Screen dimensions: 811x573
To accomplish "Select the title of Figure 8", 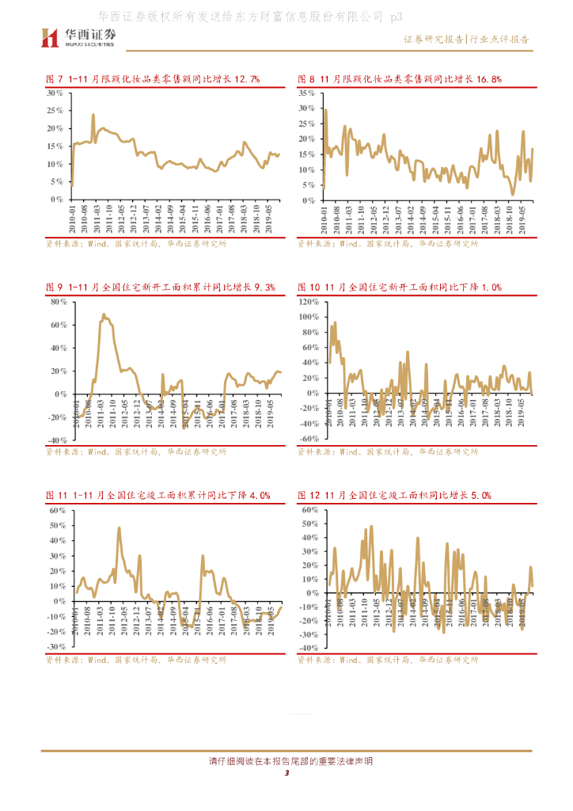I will point(400,78).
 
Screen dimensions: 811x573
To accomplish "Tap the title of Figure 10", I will point(400,287).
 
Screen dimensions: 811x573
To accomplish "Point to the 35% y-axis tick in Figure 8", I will point(307,93).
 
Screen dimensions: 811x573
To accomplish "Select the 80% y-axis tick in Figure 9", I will point(57,302).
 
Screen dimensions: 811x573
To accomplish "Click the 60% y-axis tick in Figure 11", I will point(57,510).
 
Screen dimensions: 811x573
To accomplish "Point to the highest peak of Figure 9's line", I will point(104,314).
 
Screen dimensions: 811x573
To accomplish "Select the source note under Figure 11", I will point(135,659).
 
